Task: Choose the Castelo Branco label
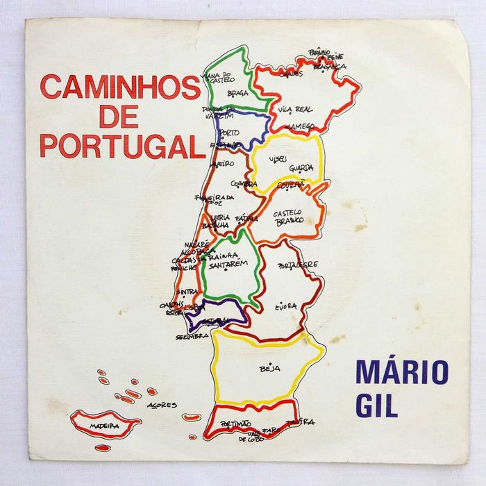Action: (288, 216)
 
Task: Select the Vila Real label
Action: (295, 110)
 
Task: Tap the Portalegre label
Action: (298, 265)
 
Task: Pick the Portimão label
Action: (235, 424)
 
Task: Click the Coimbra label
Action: (244, 184)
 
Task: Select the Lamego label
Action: (303, 126)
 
